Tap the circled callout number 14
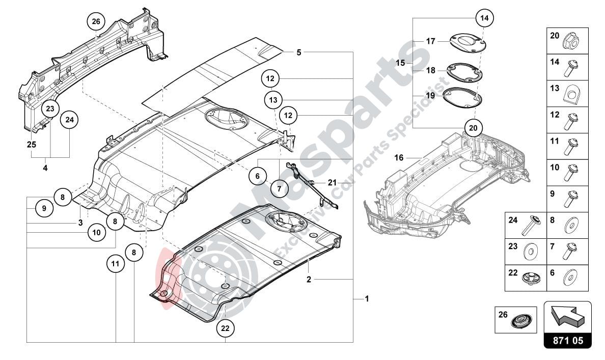[484, 18]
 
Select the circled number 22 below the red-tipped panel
[225, 328]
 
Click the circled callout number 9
[44, 208]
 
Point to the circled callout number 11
[116, 264]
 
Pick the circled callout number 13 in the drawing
[273, 99]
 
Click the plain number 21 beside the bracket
[332, 182]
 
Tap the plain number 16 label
[399, 158]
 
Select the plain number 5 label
[299, 52]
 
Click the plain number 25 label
[31, 145]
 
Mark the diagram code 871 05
[567, 340]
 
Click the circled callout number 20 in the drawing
[473, 128]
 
